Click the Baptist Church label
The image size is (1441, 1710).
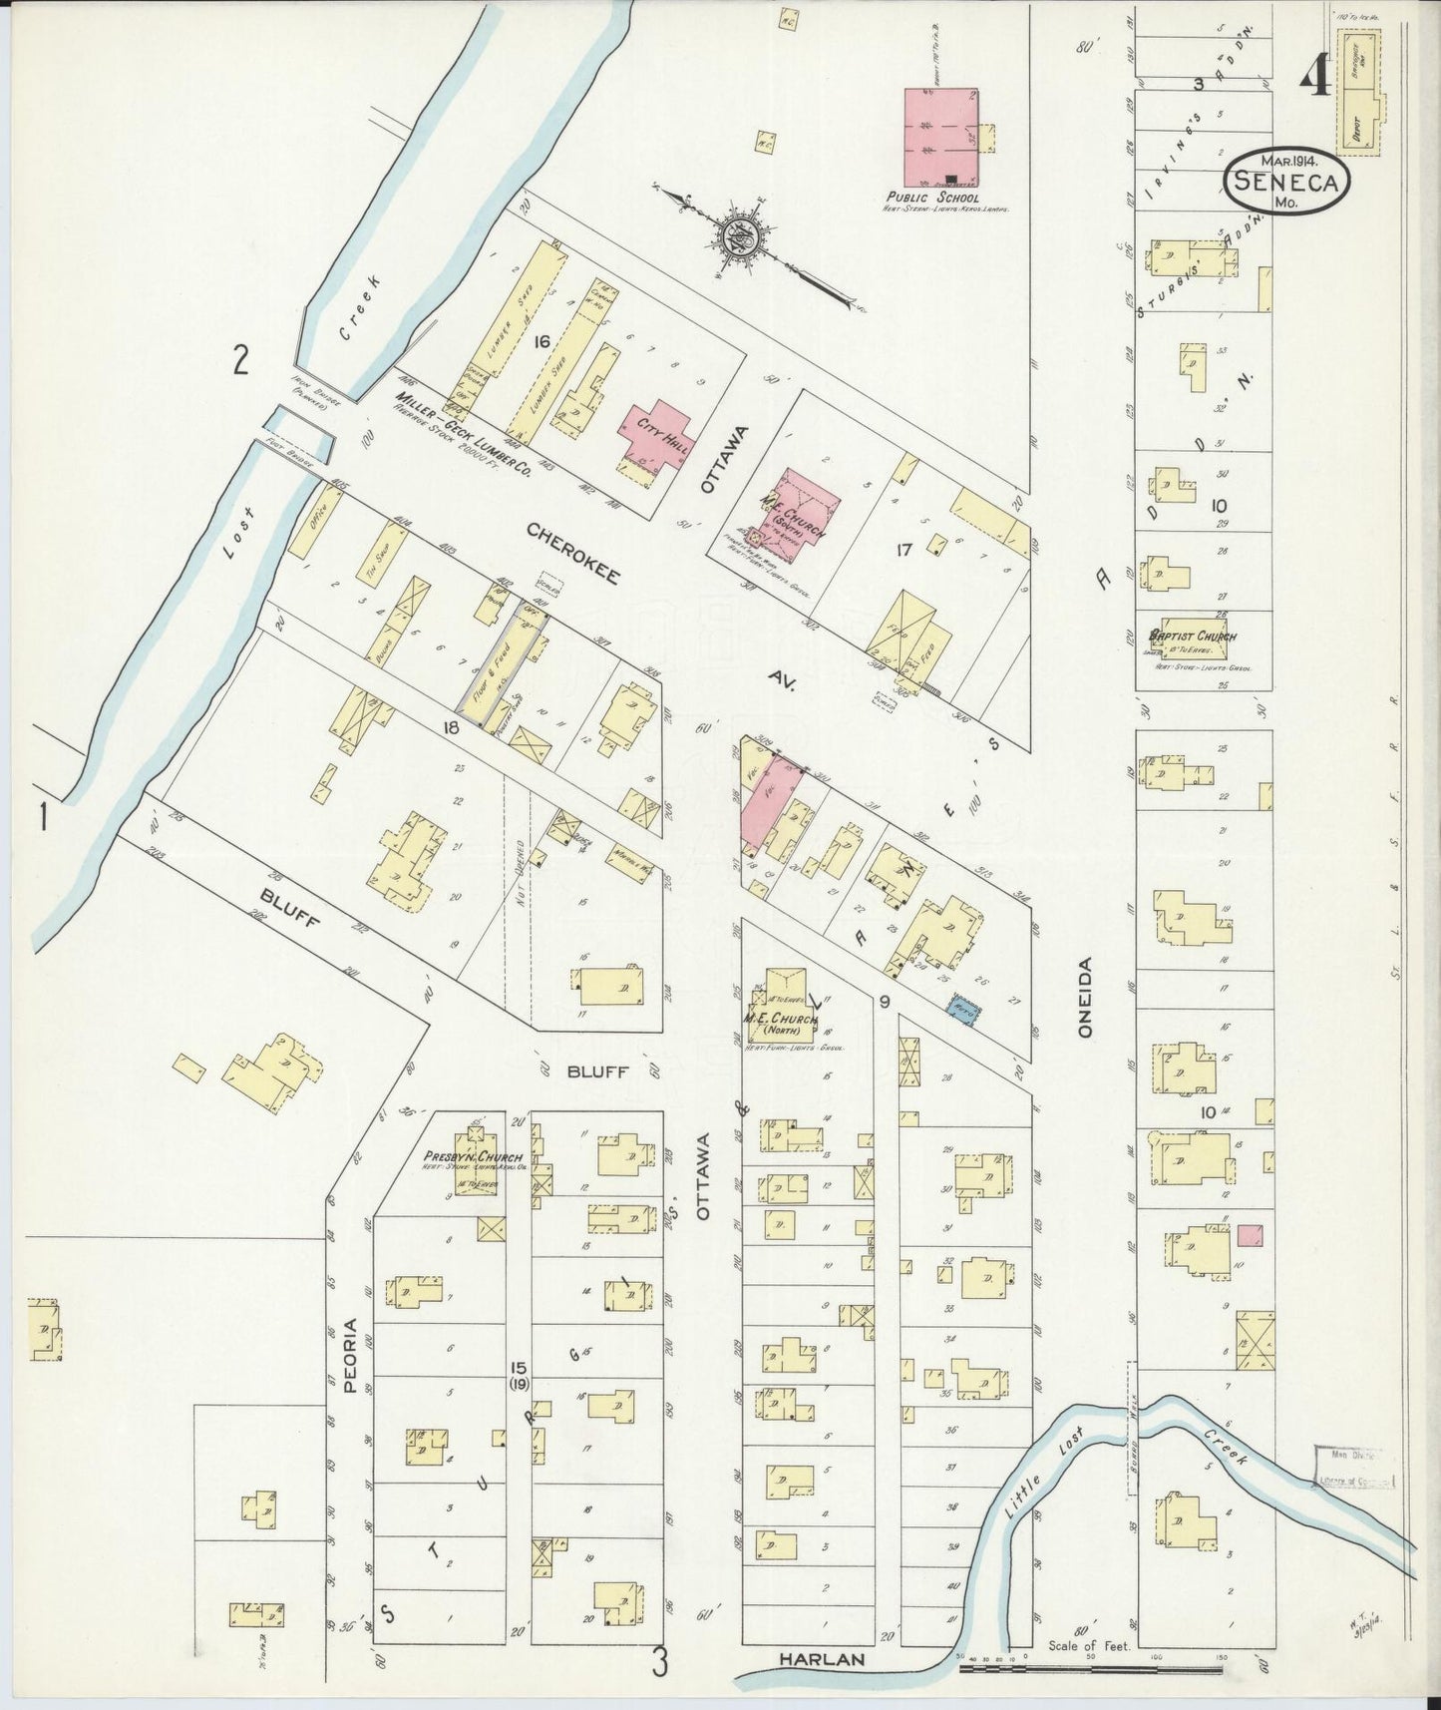[1193, 636]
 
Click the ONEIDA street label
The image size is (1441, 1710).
[1085, 998]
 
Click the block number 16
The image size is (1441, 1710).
[541, 342]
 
